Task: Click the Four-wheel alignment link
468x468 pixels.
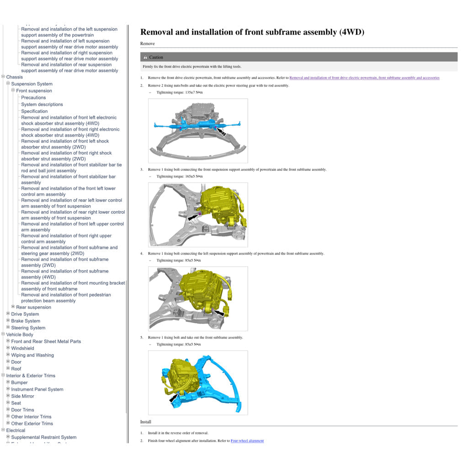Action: pyautogui.click(x=247, y=441)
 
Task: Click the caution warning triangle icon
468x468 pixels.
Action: pyautogui.click(x=145, y=57)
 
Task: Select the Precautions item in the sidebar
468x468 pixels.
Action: pyautogui.click(x=33, y=98)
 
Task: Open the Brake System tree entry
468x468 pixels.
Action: pyautogui.click(x=26, y=321)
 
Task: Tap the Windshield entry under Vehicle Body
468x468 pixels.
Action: pyautogui.click(x=23, y=348)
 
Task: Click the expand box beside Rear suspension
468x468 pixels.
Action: pyautogui.click(x=13, y=307)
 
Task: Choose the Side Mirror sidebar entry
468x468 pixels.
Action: pyautogui.click(x=23, y=396)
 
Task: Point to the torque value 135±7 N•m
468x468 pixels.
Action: pyautogui.click(x=194, y=92)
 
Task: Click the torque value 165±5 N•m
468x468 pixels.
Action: pyautogui.click(x=194, y=176)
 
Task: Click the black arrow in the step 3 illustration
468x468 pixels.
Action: pyautogui.click(x=193, y=217)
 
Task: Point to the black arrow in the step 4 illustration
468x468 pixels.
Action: pyautogui.click(x=219, y=313)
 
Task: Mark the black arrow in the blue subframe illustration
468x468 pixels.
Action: pyautogui.click(x=173, y=398)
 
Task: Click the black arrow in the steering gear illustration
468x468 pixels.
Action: pyautogui.click(x=221, y=132)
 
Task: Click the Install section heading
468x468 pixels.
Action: pyautogui.click(x=146, y=422)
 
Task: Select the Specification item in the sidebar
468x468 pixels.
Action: pyautogui.click(x=34, y=112)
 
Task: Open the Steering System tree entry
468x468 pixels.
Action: pyautogui.click(x=28, y=328)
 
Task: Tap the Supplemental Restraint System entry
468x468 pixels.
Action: pyautogui.click(x=44, y=437)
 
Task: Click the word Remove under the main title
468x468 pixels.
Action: pyautogui.click(x=148, y=43)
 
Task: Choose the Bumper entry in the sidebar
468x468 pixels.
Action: pyautogui.click(x=19, y=383)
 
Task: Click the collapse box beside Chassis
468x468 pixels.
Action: pyautogui.click(x=3, y=76)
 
